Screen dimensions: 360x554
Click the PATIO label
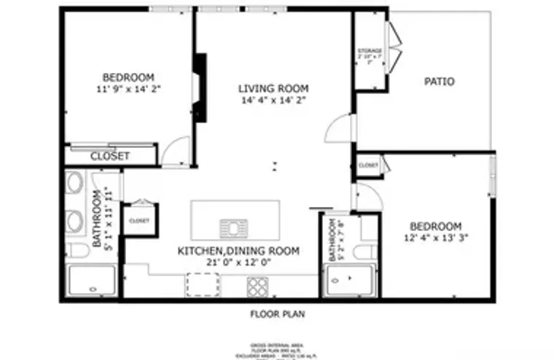tap(439, 82)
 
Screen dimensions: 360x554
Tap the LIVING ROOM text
tap(273, 89)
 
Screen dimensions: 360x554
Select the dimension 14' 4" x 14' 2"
tap(273, 101)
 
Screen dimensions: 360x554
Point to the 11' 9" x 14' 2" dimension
tap(128, 89)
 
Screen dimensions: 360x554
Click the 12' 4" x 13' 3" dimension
tap(435, 238)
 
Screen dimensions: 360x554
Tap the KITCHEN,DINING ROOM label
tap(238, 251)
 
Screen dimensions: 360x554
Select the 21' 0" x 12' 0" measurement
tap(238, 262)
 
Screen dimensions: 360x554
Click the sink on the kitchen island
tap(234, 228)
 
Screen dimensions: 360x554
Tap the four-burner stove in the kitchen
tap(257, 286)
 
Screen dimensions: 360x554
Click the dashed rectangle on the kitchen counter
tap(203, 285)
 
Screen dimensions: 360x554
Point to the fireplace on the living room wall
tap(198, 87)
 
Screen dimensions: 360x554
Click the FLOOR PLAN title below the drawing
tap(277, 315)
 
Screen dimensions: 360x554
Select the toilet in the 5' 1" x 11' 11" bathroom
tap(77, 251)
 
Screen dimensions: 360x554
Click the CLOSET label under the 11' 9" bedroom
tap(110, 156)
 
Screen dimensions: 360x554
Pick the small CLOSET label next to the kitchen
tap(138, 220)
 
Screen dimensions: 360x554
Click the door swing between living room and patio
tap(340, 129)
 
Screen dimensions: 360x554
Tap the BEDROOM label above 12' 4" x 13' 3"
tap(435, 226)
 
